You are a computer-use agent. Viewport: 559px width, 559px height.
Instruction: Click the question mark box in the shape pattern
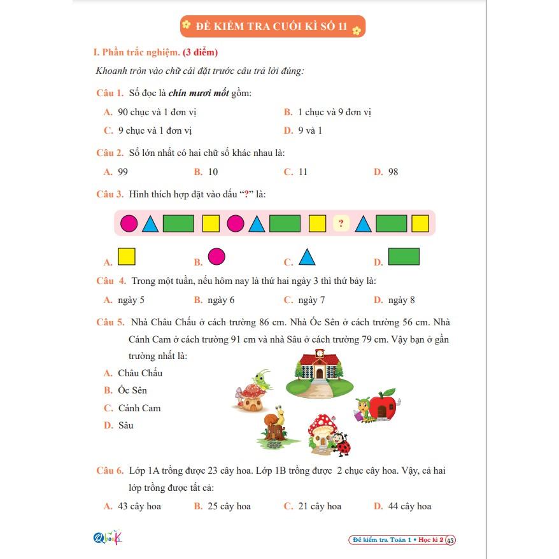(x=342, y=223)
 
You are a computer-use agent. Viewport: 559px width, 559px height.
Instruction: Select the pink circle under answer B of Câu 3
(x=216, y=257)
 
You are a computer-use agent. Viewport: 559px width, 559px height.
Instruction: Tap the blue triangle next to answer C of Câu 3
(x=308, y=257)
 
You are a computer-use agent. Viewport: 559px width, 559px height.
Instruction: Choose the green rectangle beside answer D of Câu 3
(x=404, y=257)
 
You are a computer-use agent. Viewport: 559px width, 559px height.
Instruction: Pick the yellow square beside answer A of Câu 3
(x=127, y=257)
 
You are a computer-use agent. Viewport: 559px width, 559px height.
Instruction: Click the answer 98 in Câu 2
(x=393, y=172)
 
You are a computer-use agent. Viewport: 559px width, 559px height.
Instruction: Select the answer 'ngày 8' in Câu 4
(x=401, y=300)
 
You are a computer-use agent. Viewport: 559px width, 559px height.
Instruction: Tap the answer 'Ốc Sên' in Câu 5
(x=132, y=390)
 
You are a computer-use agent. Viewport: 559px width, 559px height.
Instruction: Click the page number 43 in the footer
(x=450, y=541)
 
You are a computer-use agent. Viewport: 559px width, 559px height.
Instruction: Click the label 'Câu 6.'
(x=110, y=471)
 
